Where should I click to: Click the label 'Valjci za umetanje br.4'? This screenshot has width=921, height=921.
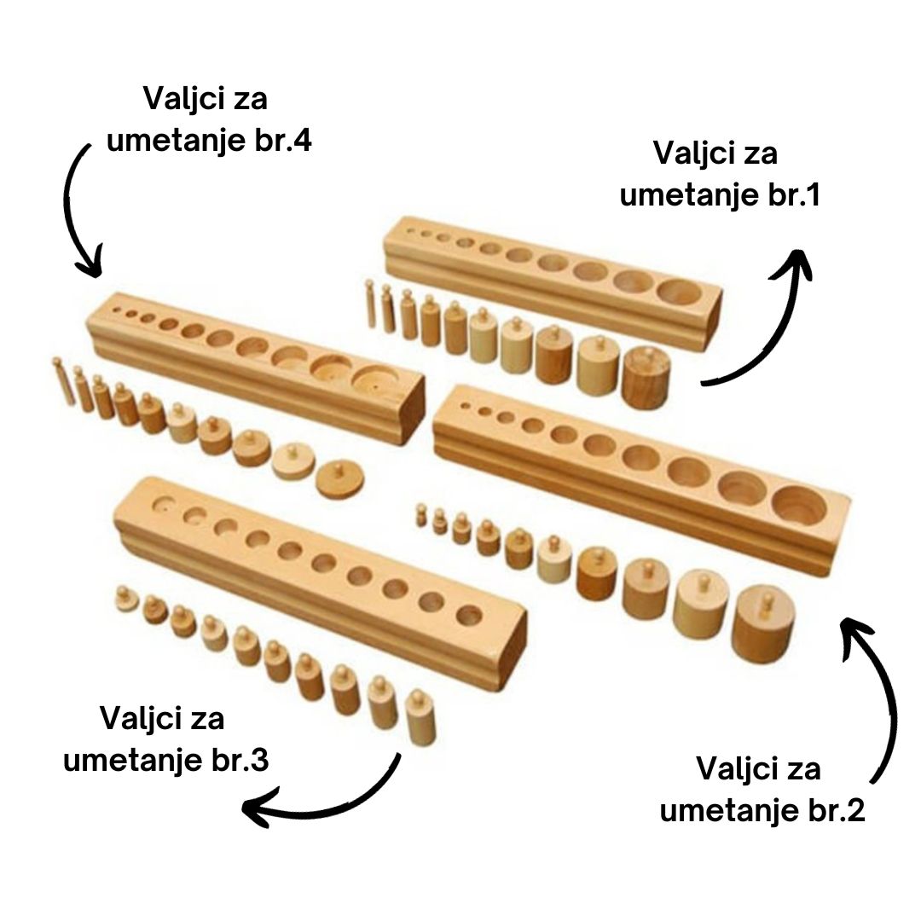[208, 119]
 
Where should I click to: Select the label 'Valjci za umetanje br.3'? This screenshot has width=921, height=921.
[165, 739]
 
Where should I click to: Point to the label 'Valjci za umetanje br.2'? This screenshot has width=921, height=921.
[762, 789]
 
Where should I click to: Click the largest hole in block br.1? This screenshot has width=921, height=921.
[680, 292]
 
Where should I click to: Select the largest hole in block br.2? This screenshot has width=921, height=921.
[799, 505]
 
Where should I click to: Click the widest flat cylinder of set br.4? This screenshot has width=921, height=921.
[339, 479]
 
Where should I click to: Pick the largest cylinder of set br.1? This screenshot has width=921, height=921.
[646, 376]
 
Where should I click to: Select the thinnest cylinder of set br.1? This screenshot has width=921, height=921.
[371, 304]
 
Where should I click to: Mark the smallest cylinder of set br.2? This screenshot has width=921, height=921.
[420, 514]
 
